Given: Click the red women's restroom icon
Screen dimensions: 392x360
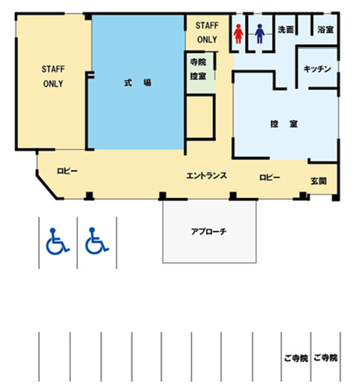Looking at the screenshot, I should (x=239, y=35).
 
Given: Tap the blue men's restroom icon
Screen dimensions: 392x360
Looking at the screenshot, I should (x=260, y=35).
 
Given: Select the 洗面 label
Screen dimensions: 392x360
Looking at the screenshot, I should (x=285, y=30).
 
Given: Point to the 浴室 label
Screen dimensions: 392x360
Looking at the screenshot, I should (x=325, y=30).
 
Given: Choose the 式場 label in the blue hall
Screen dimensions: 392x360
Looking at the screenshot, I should (x=136, y=83).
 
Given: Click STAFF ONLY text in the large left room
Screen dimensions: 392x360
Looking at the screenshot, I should (x=53, y=76).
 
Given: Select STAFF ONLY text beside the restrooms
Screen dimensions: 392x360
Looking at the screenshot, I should (x=207, y=32).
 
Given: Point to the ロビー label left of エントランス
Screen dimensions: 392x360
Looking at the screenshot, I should (x=67, y=171).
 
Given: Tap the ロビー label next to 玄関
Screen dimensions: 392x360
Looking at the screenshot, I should (x=269, y=177).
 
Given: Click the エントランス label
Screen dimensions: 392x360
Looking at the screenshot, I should (x=206, y=176).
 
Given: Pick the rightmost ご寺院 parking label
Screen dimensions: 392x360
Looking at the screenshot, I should (x=325, y=358).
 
